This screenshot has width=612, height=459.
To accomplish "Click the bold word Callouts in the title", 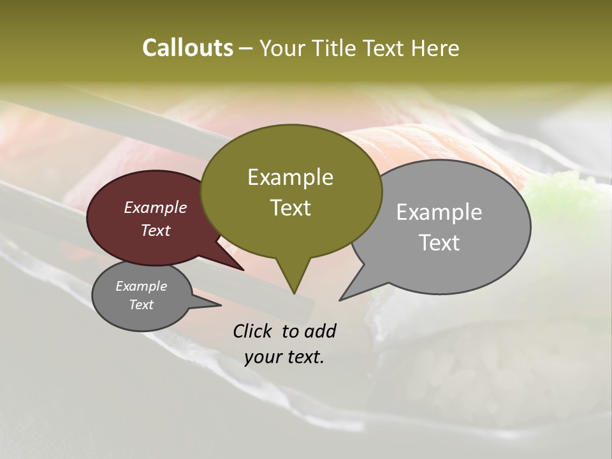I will (x=187, y=48).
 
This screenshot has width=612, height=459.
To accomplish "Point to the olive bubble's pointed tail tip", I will (x=294, y=293).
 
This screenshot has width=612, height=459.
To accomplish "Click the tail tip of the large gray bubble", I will (x=340, y=299).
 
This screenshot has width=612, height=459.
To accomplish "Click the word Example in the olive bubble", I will (x=291, y=177).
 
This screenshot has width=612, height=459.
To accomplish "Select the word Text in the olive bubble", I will (x=291, y=208).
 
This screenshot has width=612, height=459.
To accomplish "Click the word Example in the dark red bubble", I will (x=156, y=207).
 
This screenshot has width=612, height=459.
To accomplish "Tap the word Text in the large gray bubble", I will (x=439, y=243).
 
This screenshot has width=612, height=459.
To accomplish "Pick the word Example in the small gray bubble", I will (x=142, y=286).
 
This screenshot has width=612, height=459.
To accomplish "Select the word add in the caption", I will (x=320, y=331).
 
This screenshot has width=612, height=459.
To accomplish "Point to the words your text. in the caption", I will (x=284, y=357).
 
